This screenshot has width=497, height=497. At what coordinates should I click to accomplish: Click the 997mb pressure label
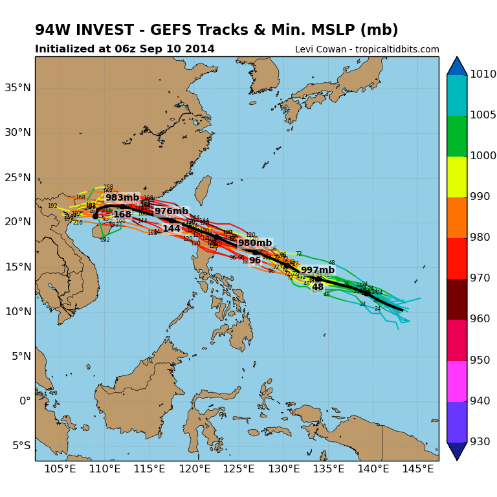pyautogui.click(x=318, y=270)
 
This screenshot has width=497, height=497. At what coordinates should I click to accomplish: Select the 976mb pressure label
pyautogui.click(x=171, y=212)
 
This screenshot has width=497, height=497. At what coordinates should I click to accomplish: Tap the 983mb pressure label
pyautogui.click(x=122, y=198)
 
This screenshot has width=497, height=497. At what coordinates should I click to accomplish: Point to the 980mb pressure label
pyautogui.click(x=255, y=243)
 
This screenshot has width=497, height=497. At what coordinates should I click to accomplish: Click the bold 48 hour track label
pyautogui.click(x=318, y=287)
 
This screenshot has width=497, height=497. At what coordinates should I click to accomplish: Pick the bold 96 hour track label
pyautogui.click(x=255, y=260)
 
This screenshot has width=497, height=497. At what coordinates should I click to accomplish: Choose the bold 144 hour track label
pyautogui.click(x=171, y=229)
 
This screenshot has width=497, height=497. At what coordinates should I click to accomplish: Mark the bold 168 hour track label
pyautogui.click(x=122, y=215)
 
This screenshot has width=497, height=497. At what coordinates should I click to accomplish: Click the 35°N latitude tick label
pyautogui.click(x=17, y=87)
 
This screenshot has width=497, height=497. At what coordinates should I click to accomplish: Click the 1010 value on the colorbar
pyautogui.click(x=483, y=74)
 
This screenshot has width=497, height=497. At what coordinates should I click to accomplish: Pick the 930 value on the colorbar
pyautogui.click(x=480, y=441)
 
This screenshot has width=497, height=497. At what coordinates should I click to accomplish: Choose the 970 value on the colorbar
pyautogui.click(x=480, y=278)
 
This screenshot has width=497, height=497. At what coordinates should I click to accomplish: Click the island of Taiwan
pyautogui.click(x=203, y=190)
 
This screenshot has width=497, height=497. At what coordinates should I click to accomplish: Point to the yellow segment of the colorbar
pyautogui.click(x=457, y=177)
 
